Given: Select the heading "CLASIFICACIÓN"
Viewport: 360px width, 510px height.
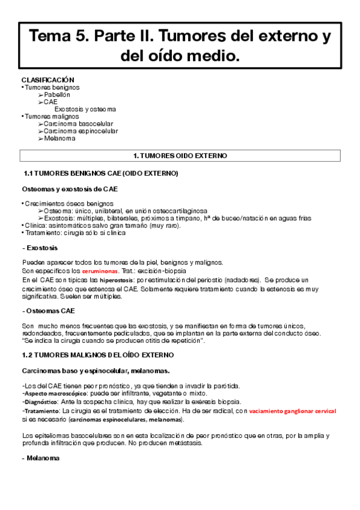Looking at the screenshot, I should (x=47, y=79).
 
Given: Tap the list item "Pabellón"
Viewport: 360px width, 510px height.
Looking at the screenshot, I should (x=57, y=94).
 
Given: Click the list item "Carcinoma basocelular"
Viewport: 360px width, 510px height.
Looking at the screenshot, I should (x=78, y=124).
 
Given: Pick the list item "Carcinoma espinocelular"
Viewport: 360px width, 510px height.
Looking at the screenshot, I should (x=81, y=131).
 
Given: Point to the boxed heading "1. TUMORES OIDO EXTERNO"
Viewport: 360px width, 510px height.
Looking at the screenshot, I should (x=180, y=156).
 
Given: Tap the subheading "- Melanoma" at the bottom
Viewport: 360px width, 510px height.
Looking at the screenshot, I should (x=41, y=458).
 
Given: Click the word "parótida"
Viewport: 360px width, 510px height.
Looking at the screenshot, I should (x=228, y=385).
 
